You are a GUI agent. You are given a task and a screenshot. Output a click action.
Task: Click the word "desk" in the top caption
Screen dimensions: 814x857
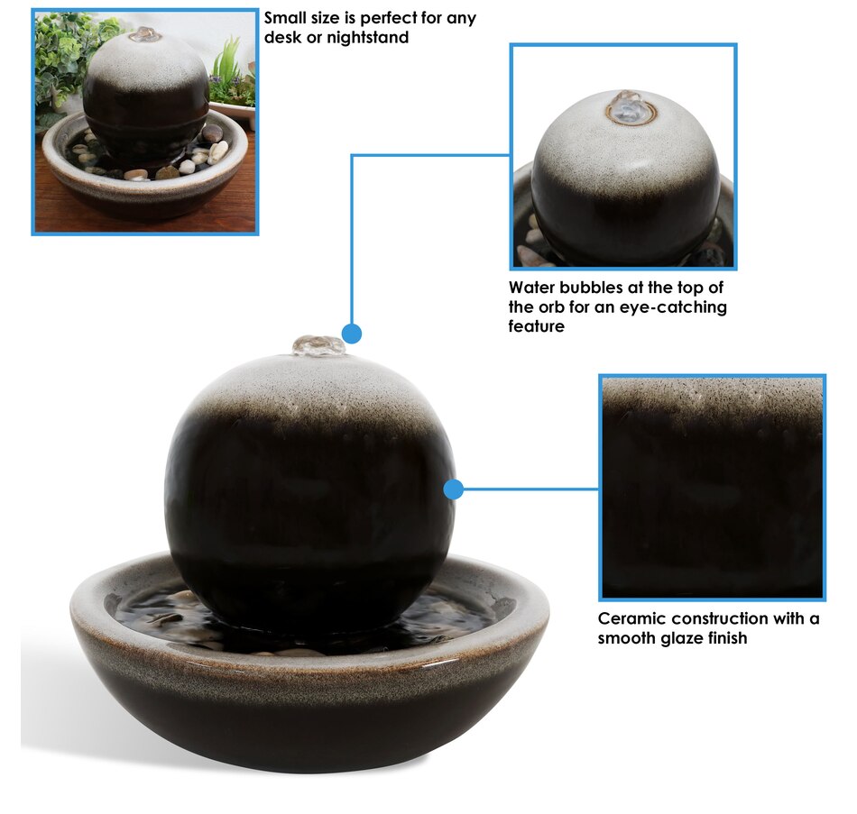pyautogui.click(x=282, y=37)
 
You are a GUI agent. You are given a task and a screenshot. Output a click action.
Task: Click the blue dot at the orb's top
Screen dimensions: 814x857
pyautogui.click(x=352, y=334)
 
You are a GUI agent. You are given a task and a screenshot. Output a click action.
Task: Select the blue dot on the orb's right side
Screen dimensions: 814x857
pyautogui.click(x=454, y=489)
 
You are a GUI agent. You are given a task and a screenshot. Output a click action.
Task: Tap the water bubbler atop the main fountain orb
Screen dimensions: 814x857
pyautogui.click(x=318, y=345)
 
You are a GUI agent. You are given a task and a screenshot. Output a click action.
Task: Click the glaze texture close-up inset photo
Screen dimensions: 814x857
pyautogui.click(x=712, y=487)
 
